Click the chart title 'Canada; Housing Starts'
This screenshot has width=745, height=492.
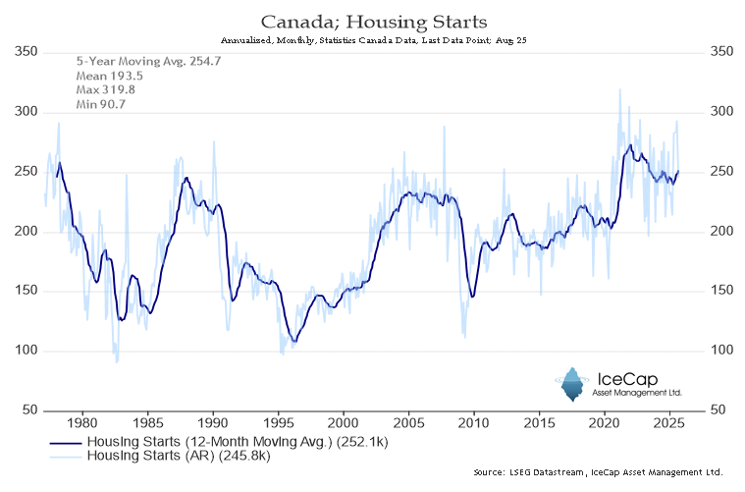click(x=372, y=21)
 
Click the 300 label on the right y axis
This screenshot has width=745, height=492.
click(x=721, y=112)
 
